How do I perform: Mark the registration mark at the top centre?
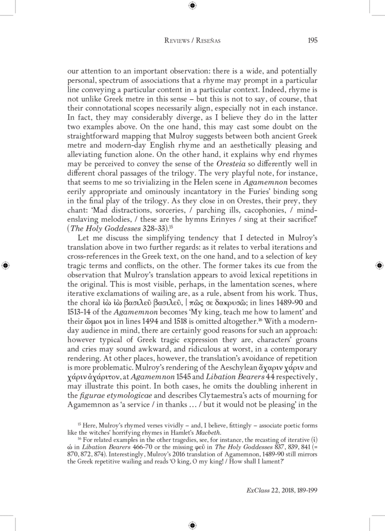(x=192, y=6)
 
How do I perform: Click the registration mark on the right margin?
(x=379, y=265)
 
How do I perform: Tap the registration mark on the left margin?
(x=5, y=265)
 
